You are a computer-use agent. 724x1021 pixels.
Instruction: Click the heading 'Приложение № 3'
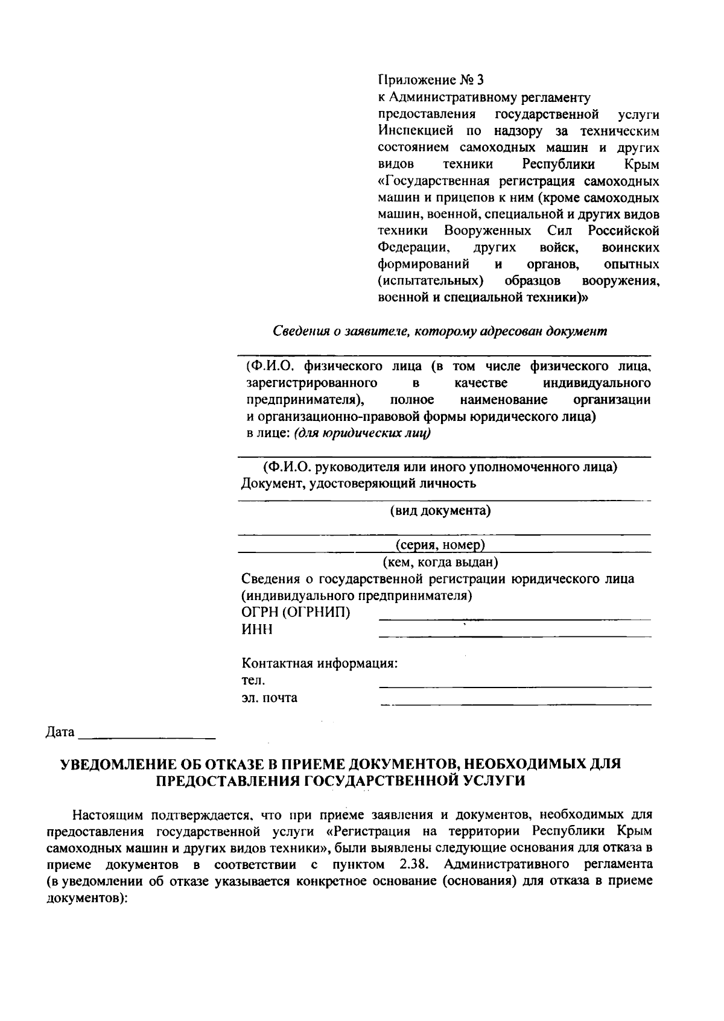pos(431,80)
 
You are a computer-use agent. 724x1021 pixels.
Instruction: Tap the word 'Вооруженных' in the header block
pos(487,231)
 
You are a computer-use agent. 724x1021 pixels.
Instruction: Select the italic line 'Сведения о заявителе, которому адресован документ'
pos(440,330)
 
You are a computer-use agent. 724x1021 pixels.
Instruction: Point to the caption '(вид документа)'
pos(440,511)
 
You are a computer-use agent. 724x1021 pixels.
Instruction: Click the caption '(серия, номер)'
pos(440,545)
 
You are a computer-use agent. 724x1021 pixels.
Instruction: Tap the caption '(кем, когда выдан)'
pos(440,562)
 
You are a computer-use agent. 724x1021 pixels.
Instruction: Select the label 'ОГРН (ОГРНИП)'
pos(296,613)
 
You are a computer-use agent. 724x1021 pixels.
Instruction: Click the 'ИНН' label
pos(257,630)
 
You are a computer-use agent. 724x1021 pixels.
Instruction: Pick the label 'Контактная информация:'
pos(320,663)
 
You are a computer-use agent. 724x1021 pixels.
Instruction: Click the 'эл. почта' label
pos(270,698)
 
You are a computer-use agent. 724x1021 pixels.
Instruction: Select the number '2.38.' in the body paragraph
pos(414,864)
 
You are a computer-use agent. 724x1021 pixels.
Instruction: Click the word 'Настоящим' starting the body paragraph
pos(108,815)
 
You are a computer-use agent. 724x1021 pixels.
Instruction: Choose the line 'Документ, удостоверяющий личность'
pos(358,483)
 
